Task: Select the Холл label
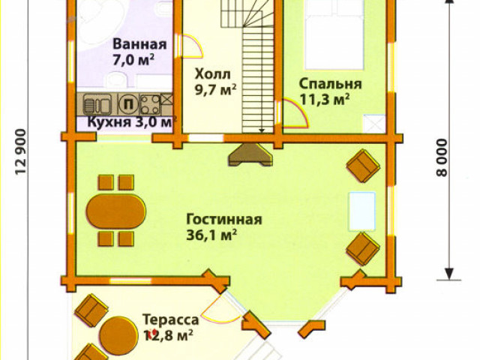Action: point(208,74)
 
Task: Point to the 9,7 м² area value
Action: point(215,89)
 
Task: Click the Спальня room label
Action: point(330,83)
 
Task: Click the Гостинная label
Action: point(224,219)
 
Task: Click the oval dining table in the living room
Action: point(115,209)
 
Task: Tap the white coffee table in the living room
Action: point(362,212)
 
